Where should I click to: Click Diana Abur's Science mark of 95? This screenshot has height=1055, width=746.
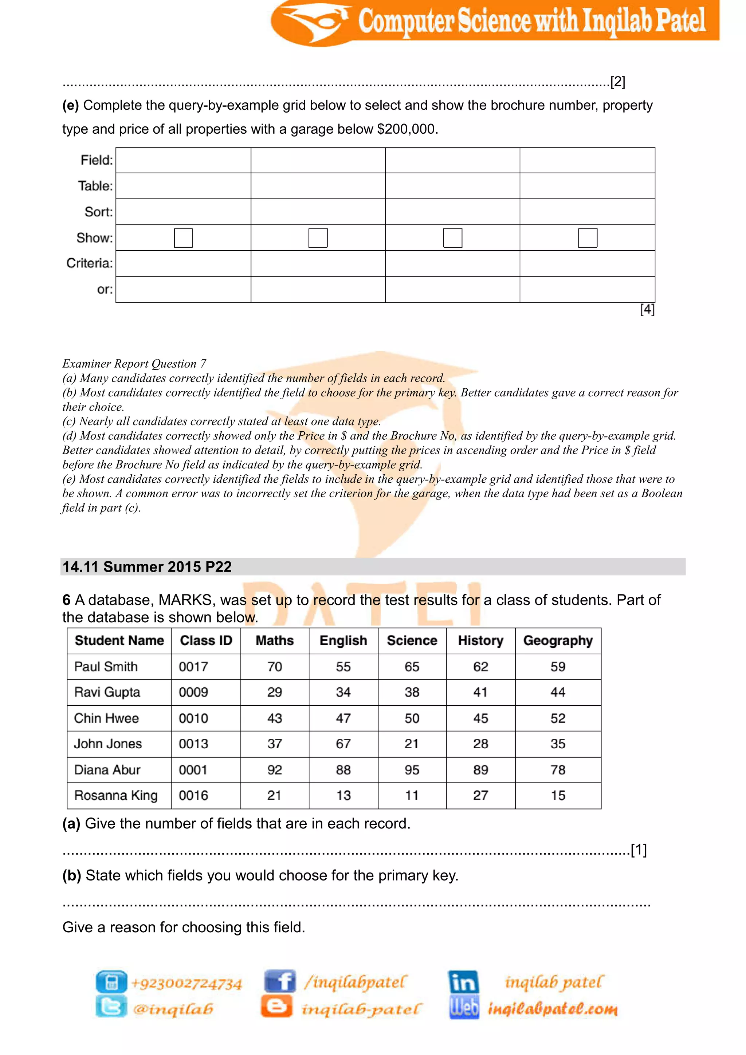coord(412,770)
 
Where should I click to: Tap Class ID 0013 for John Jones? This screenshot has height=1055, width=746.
coord(193,744)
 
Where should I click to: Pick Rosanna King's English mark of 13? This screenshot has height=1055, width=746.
coord(343,795)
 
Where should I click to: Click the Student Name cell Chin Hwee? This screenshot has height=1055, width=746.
coord(107,718)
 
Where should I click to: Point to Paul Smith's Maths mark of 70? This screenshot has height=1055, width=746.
coord(274,667)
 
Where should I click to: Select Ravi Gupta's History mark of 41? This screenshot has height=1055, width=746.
coord(480,692)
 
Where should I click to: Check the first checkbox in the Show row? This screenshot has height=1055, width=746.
coord(183,238)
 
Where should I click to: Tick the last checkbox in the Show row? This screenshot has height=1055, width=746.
coord(588,238)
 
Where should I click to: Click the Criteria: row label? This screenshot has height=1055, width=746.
coord(90,263)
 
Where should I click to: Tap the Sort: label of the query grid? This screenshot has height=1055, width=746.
coord(98,212)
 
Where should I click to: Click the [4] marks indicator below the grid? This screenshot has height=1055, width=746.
coord(647,310)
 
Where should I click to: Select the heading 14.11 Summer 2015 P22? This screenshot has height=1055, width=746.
coord(147,567)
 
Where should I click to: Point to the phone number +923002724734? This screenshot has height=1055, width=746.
coord(186,984)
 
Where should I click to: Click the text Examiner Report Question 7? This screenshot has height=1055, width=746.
coord(134,364)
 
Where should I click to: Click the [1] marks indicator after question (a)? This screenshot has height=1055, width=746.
coord(639,850)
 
